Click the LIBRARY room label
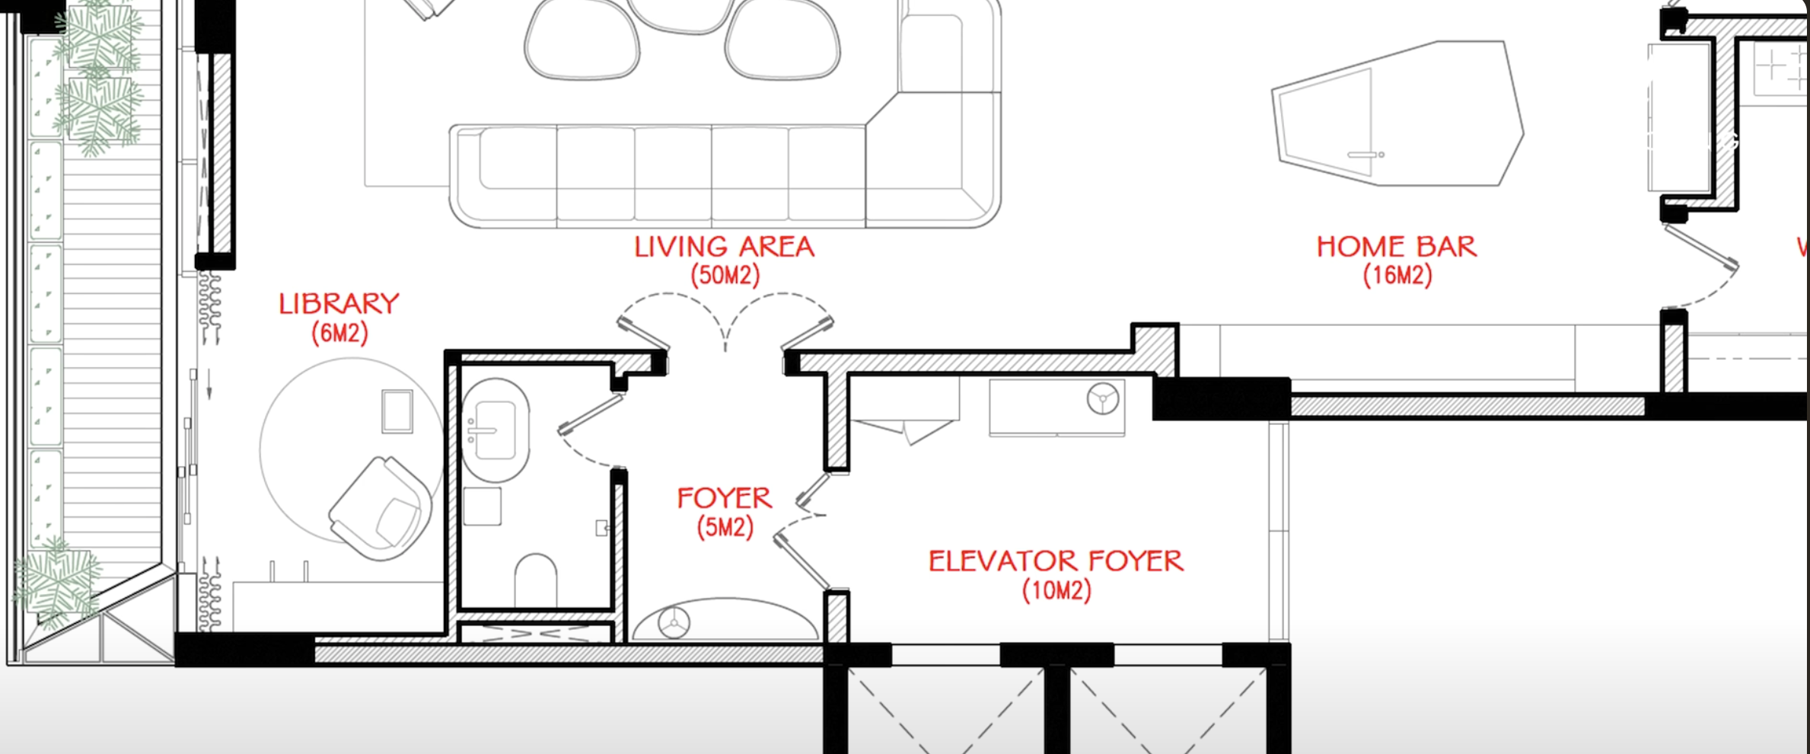coord(339,304)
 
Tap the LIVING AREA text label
coord(725,247)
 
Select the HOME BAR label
coord(1397,247)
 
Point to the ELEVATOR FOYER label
coord(1056,561)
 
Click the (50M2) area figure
coord(725,275)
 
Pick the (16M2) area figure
coord(1397,275)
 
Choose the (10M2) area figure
coord(1056,590)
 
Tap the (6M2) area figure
coord(339,333)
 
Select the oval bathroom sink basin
coord(496,430)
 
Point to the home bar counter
coord(1397,113)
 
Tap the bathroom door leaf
coord(591,414)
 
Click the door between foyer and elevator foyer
coord(801,561)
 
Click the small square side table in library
coord(397,411)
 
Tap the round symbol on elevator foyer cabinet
coord(1103,398)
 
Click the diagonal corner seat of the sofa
coord(933,160)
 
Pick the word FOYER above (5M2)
coord(725,498)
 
